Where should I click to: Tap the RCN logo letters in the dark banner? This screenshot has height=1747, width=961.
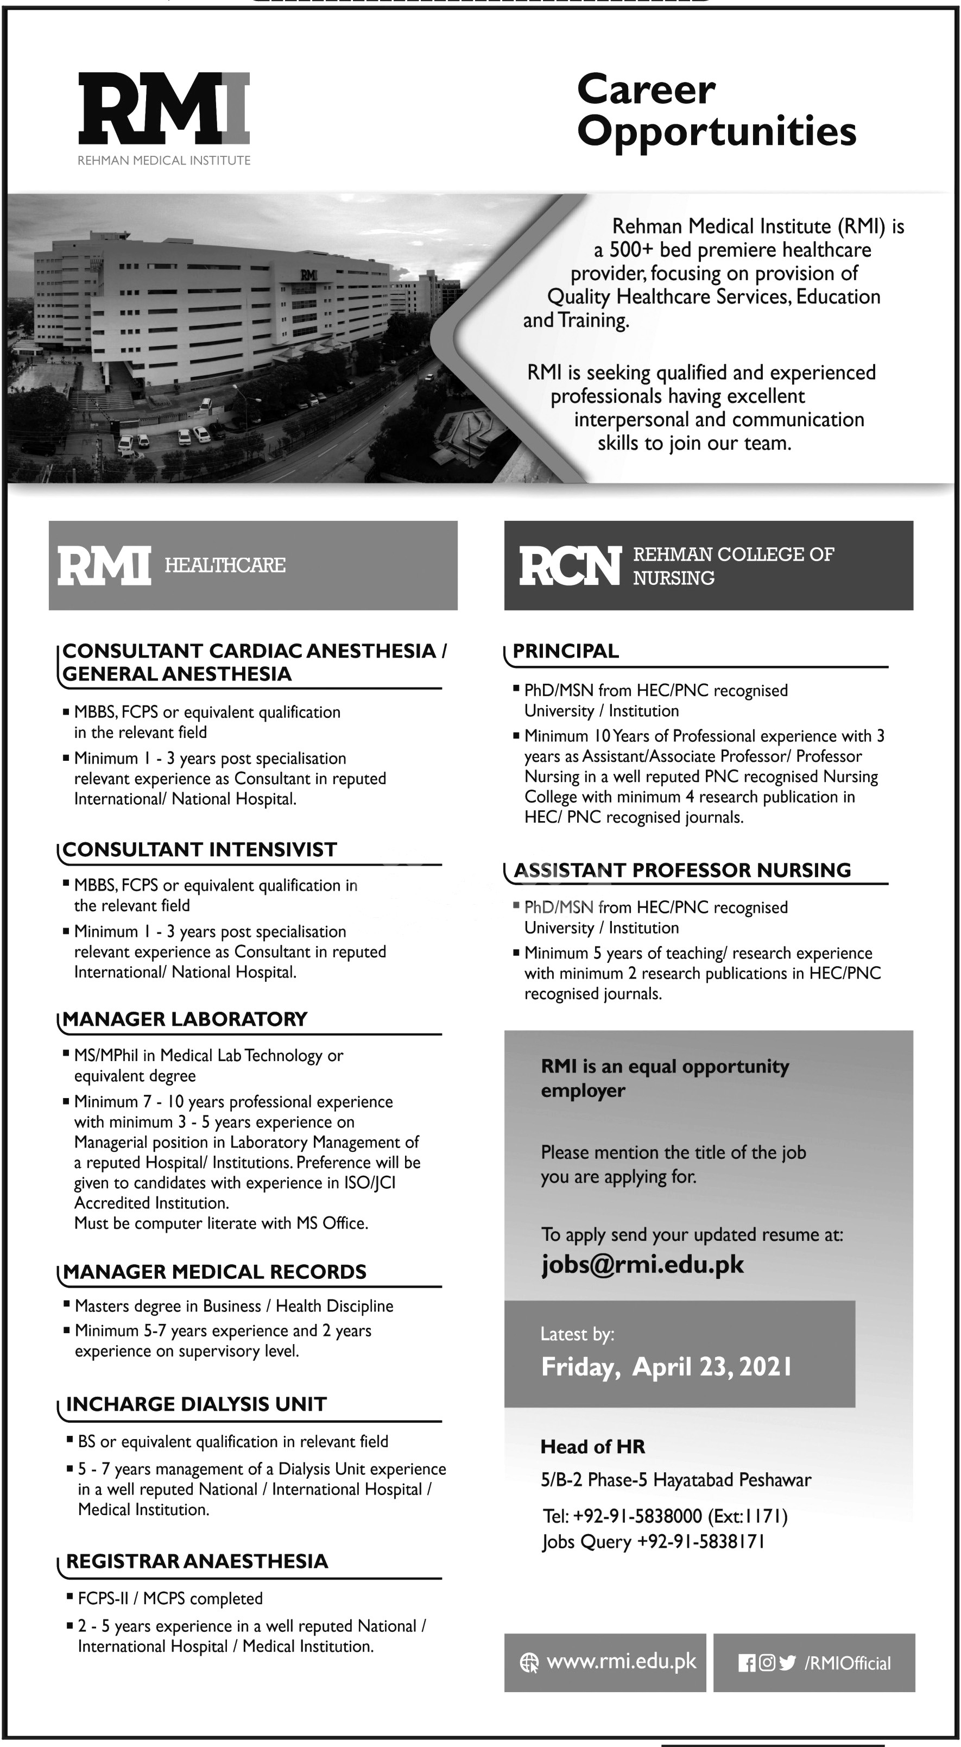click(570, 566)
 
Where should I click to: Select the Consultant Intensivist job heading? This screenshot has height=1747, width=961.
click(199, 850)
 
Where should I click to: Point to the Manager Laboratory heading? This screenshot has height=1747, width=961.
click(185, 1019)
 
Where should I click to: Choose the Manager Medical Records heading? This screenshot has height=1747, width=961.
click(214, 1272)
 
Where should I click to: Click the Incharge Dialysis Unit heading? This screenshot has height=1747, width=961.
click(196, 1404)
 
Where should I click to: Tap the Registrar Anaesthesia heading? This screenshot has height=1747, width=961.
click(197, 1561)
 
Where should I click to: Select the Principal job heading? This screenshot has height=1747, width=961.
click(566, 651)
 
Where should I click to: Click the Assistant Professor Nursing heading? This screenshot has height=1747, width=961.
click(681, 870)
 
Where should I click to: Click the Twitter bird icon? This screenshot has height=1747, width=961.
click(787, 1662)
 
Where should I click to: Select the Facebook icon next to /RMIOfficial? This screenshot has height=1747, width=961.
click(747, 1663)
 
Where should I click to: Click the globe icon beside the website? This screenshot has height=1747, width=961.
click(528, 1662)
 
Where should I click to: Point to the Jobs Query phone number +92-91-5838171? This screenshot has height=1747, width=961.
click(701, 1542)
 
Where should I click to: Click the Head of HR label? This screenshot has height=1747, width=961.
click(592, 1447)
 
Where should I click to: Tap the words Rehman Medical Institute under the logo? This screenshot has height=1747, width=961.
click(164, 161)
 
